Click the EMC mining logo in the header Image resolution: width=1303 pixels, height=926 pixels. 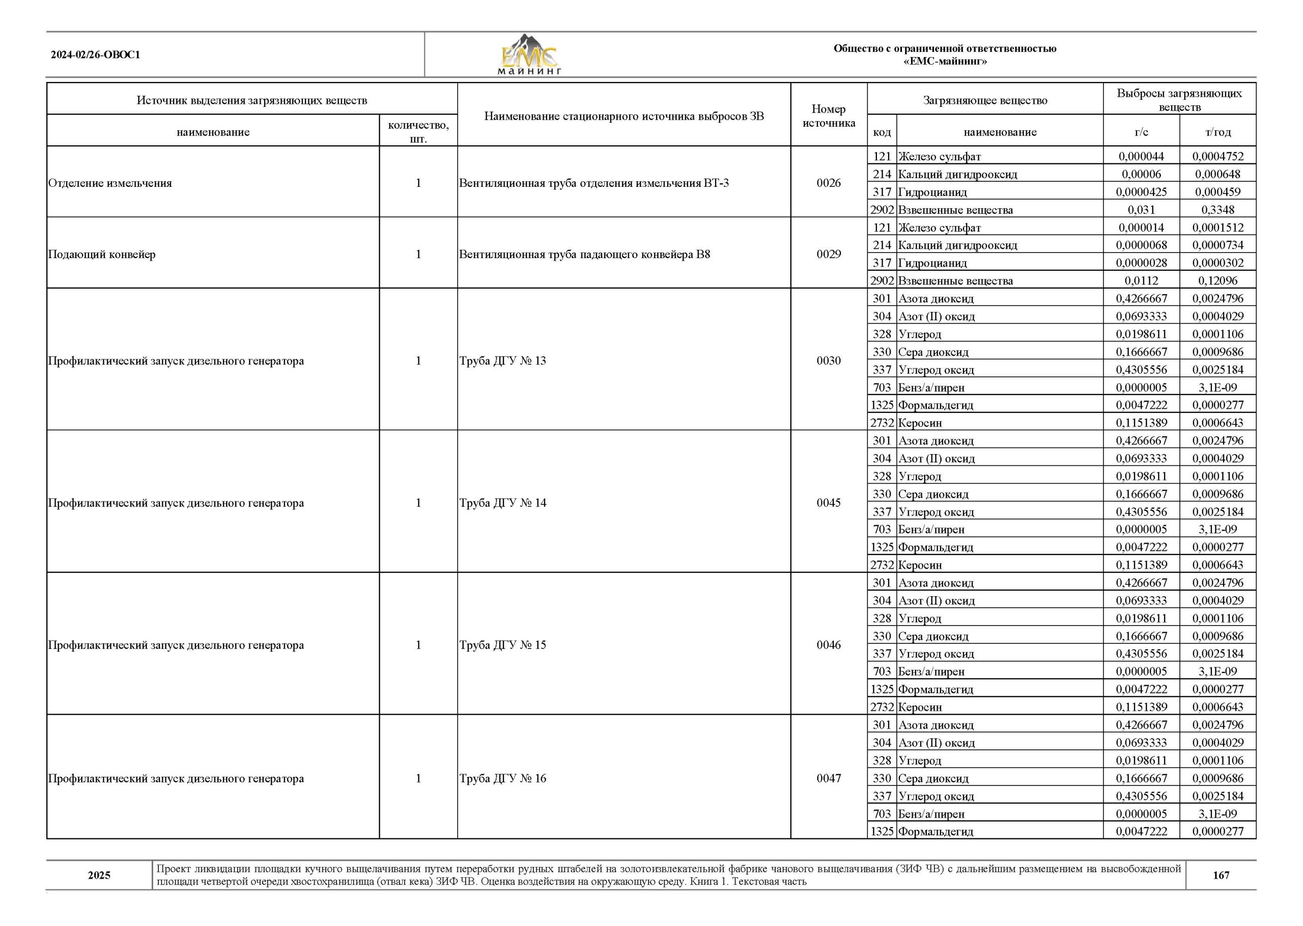point(529,55)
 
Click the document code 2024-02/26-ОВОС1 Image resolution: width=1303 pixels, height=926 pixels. point(95,55)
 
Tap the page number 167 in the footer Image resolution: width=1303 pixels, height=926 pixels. point(1221,875)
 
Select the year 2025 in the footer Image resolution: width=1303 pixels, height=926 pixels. point(99,875)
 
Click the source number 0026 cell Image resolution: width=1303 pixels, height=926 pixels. point(828,183)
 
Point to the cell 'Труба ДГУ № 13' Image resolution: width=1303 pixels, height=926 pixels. point(503,361)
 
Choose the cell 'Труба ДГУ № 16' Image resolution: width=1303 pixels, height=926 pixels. point(503,778)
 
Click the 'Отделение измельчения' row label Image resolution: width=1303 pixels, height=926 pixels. point(110,183)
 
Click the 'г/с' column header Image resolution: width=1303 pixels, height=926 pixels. point(1141,132)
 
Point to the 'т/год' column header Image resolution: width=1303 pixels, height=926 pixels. point(1218,132)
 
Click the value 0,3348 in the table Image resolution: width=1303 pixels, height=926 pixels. point(1218,210)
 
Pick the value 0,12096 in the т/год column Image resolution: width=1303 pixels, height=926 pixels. point(1218,280)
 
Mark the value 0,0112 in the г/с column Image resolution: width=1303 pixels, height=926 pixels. point(1141,280)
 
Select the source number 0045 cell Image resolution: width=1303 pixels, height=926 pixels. point(828,503)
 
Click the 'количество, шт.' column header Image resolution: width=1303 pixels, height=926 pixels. point(418,132)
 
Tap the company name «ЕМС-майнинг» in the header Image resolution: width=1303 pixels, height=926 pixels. point(945,62)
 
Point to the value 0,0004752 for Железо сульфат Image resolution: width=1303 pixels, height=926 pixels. point(1218,156)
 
